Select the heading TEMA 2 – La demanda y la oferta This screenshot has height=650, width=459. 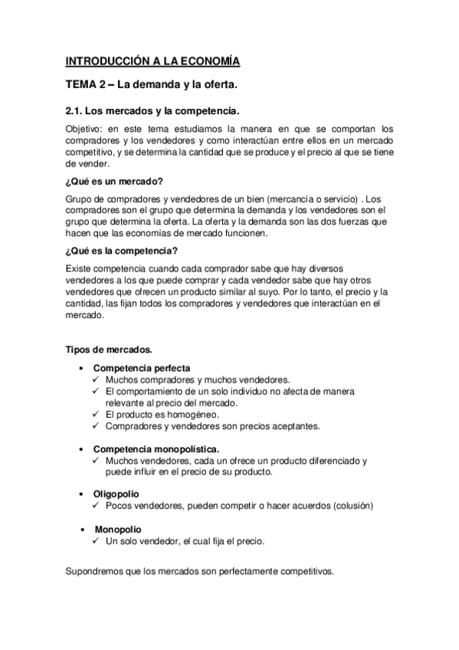[x=156, y=84]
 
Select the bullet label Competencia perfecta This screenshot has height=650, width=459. [x=142, y=368]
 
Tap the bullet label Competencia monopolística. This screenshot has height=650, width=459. [x=156, y=448]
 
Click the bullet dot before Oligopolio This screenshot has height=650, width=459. [x=83, y=494]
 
